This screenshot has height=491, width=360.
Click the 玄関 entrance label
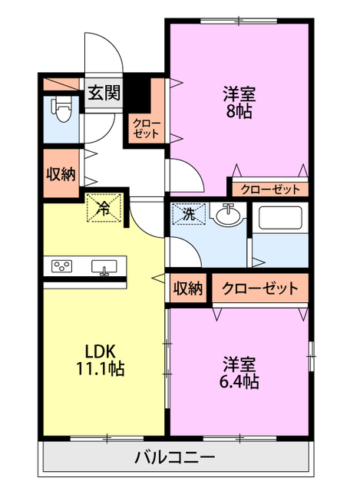[x=103, y=94]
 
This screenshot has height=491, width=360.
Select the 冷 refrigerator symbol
[x=104, y=207]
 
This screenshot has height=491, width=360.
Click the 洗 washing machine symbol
[x=189, y=215]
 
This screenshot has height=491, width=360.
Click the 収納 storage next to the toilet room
[x=61, y=174]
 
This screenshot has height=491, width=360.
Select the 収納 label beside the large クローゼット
[x=187, y=289]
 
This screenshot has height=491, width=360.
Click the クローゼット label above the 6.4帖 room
[x=260, y=289]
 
